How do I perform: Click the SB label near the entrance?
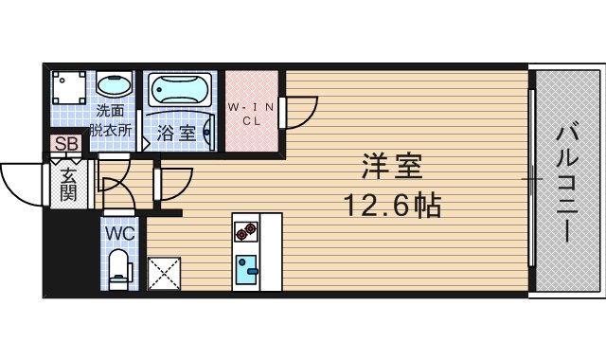pos(66,145)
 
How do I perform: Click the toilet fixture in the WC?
pos(119,267)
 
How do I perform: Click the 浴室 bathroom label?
pos(177,134)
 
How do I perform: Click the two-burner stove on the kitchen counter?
pos(245,231)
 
